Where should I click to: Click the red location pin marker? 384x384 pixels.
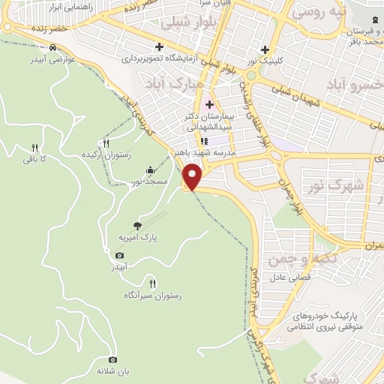[193, 175]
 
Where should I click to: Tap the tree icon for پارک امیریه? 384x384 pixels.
[136, 224]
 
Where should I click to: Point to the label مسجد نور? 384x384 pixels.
[145, 181]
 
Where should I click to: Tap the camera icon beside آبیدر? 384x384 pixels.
[120, 255]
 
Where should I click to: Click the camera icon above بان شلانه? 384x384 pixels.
[113, 359]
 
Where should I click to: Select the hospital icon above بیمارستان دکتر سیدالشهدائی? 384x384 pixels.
[209, 104]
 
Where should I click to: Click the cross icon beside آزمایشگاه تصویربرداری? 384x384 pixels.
[159, 45]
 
